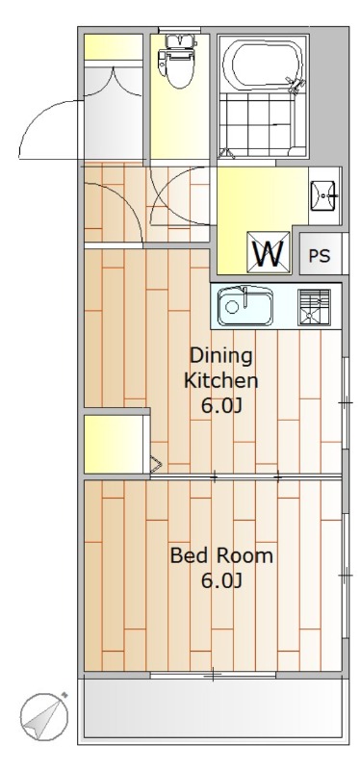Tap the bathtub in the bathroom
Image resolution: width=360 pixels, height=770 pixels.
pos(264,64)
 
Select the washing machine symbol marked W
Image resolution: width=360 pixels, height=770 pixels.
pos(269,251)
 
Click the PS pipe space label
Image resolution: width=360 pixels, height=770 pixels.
pos(320,256)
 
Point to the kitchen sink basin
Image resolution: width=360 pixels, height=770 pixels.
pos(245,306)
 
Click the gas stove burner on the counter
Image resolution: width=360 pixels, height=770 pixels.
pos(315,307)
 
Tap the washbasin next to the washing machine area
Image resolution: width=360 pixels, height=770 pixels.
pos(323,195)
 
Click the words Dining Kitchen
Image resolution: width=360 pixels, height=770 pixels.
pos(221,368)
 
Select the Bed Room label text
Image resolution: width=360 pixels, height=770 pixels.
pos(221,556)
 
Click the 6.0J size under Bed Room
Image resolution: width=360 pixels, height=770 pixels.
pos(221,581)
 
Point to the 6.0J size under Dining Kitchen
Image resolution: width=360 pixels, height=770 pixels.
pos(221,406)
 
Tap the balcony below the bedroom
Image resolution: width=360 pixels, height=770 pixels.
pos(213,708)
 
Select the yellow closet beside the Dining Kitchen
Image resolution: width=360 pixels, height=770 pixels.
pos(114,444)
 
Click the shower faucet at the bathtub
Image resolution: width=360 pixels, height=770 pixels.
pos(296,85)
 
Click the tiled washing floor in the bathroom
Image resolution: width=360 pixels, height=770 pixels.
pos(258,125)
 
